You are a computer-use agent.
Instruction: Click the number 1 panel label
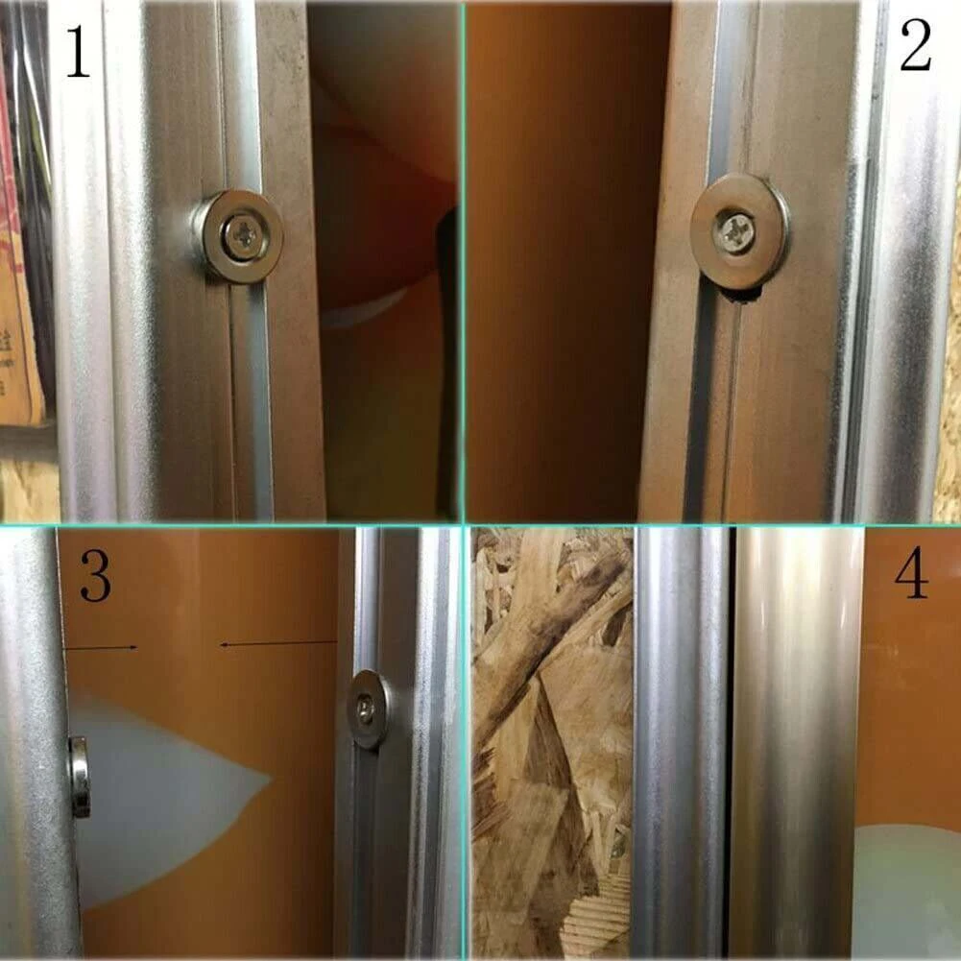(x=76, y=52)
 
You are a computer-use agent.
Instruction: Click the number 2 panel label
(x=915, y=47)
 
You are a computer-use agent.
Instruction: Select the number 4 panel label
(x=911, y=575)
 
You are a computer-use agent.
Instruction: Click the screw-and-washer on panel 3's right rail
(x=368, y=709)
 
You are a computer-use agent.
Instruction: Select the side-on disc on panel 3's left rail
(x=79, y=777)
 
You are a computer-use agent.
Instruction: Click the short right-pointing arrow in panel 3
(x=102, y=648)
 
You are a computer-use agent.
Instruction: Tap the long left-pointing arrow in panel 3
(x=278, y=643)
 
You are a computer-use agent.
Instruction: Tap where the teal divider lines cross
(x=465, y=524)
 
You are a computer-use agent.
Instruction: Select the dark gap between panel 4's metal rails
(x=731, y=739)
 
